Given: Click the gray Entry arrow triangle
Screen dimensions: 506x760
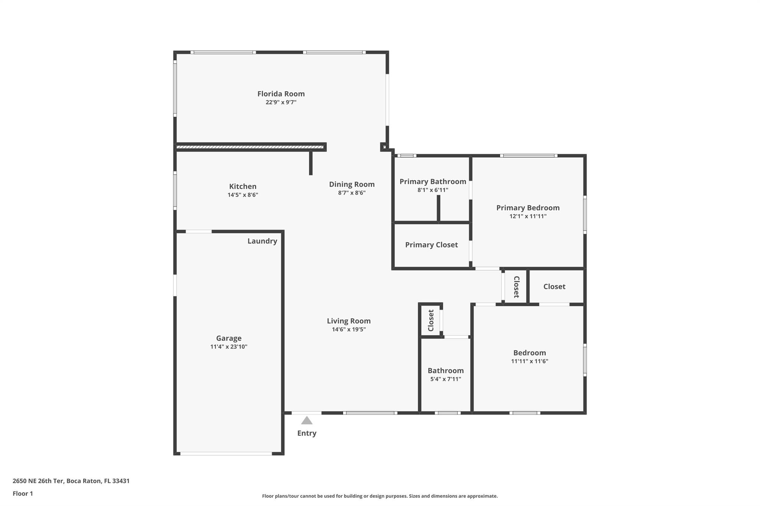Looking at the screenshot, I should tap(307, 421).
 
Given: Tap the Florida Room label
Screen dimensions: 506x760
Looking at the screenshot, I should tap(281, 94).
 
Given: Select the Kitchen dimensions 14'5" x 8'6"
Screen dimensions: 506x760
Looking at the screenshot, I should tap(243, 195).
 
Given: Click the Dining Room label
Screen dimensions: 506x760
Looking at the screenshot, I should tap(351, 184).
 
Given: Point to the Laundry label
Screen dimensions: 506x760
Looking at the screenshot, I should tap(262, 241).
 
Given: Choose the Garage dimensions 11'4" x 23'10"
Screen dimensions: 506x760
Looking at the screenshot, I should tap(229, 347).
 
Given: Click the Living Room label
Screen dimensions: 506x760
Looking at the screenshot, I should tap(348, 321).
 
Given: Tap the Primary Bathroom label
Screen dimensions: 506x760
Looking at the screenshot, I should tap(433, 182).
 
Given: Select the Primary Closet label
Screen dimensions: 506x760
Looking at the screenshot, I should tap(431, 245).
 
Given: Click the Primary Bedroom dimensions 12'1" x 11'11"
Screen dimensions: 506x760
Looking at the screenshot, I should tap(528, 216).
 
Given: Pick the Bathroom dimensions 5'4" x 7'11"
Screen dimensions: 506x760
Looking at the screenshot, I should tap(445, 379).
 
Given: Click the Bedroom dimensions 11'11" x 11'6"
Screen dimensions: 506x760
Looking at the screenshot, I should tap(529, 361).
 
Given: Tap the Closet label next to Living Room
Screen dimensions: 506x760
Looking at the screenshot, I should tap(431, 320).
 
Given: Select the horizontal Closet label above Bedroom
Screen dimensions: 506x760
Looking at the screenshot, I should tap(554, 287).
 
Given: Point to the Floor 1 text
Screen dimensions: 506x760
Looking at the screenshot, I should tap(23, 494).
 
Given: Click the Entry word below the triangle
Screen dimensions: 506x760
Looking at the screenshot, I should tap(307, 433).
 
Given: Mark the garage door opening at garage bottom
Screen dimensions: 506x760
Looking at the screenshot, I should tap(226, 453).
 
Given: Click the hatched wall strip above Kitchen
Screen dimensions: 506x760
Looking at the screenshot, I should tap(249, 147).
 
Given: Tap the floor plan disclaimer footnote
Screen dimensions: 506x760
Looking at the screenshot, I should tap(380, 496).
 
